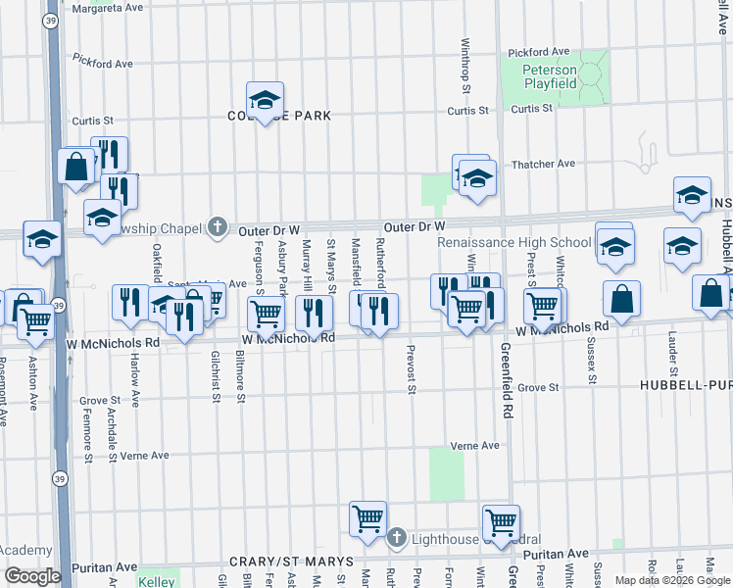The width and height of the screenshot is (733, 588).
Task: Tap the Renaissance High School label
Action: [x=514, y=242]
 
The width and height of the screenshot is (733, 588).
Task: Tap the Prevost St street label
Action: [x=412, y=368]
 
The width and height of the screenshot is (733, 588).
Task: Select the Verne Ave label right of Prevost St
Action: [x=475, y=446]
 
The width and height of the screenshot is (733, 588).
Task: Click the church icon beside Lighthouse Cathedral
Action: [x=396, y=538]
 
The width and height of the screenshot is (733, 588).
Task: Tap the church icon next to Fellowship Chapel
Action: [x=219, y=226]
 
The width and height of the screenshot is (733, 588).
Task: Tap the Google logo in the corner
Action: [x=31, y=576]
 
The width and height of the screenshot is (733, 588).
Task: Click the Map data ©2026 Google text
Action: [x=671, y=580]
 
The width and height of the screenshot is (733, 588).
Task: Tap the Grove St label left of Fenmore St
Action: [x=100, y=401]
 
